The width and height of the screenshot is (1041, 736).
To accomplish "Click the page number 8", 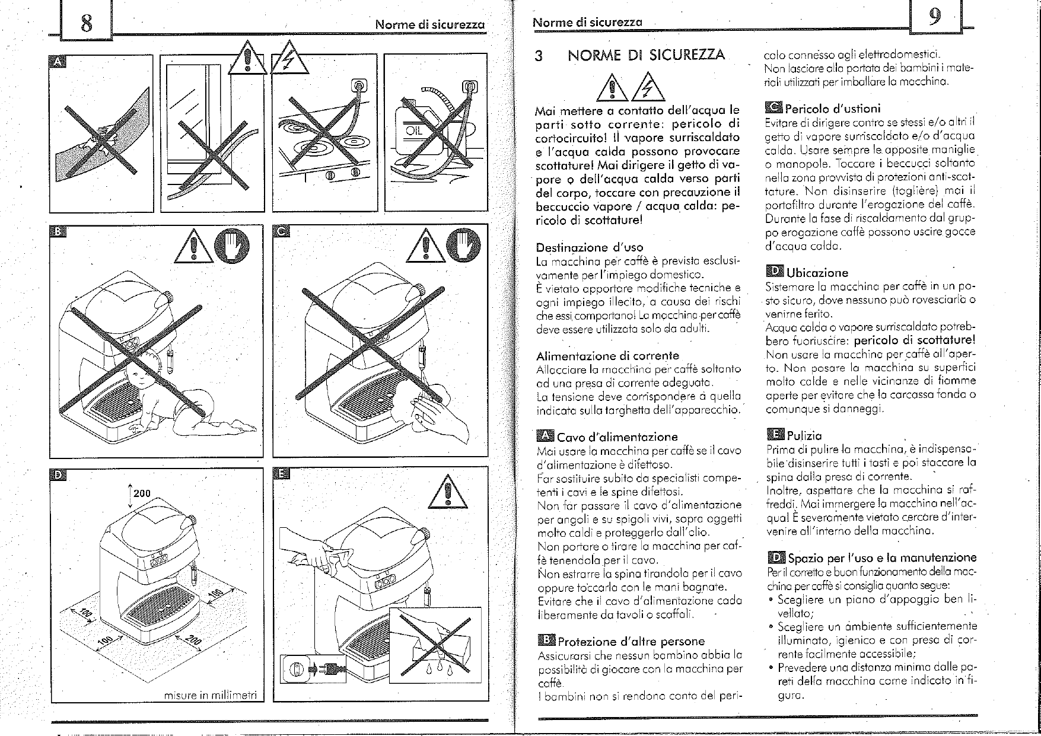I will tap(87, 23).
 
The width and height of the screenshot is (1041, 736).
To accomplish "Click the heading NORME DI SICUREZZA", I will tap(646, 56).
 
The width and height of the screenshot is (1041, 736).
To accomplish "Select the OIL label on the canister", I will tap(413, 130).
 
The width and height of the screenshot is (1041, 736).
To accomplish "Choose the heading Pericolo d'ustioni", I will tap(832, 109).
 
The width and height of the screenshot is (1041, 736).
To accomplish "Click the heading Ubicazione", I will tap(817, 273).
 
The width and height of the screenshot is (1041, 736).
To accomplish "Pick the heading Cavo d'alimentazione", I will tap(617, 438).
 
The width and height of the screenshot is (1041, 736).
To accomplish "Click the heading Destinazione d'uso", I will tap(589, 247).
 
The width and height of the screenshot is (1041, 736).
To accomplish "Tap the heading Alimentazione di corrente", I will tap(607, 356).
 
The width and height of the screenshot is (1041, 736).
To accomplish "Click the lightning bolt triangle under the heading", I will tap(650, 90).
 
